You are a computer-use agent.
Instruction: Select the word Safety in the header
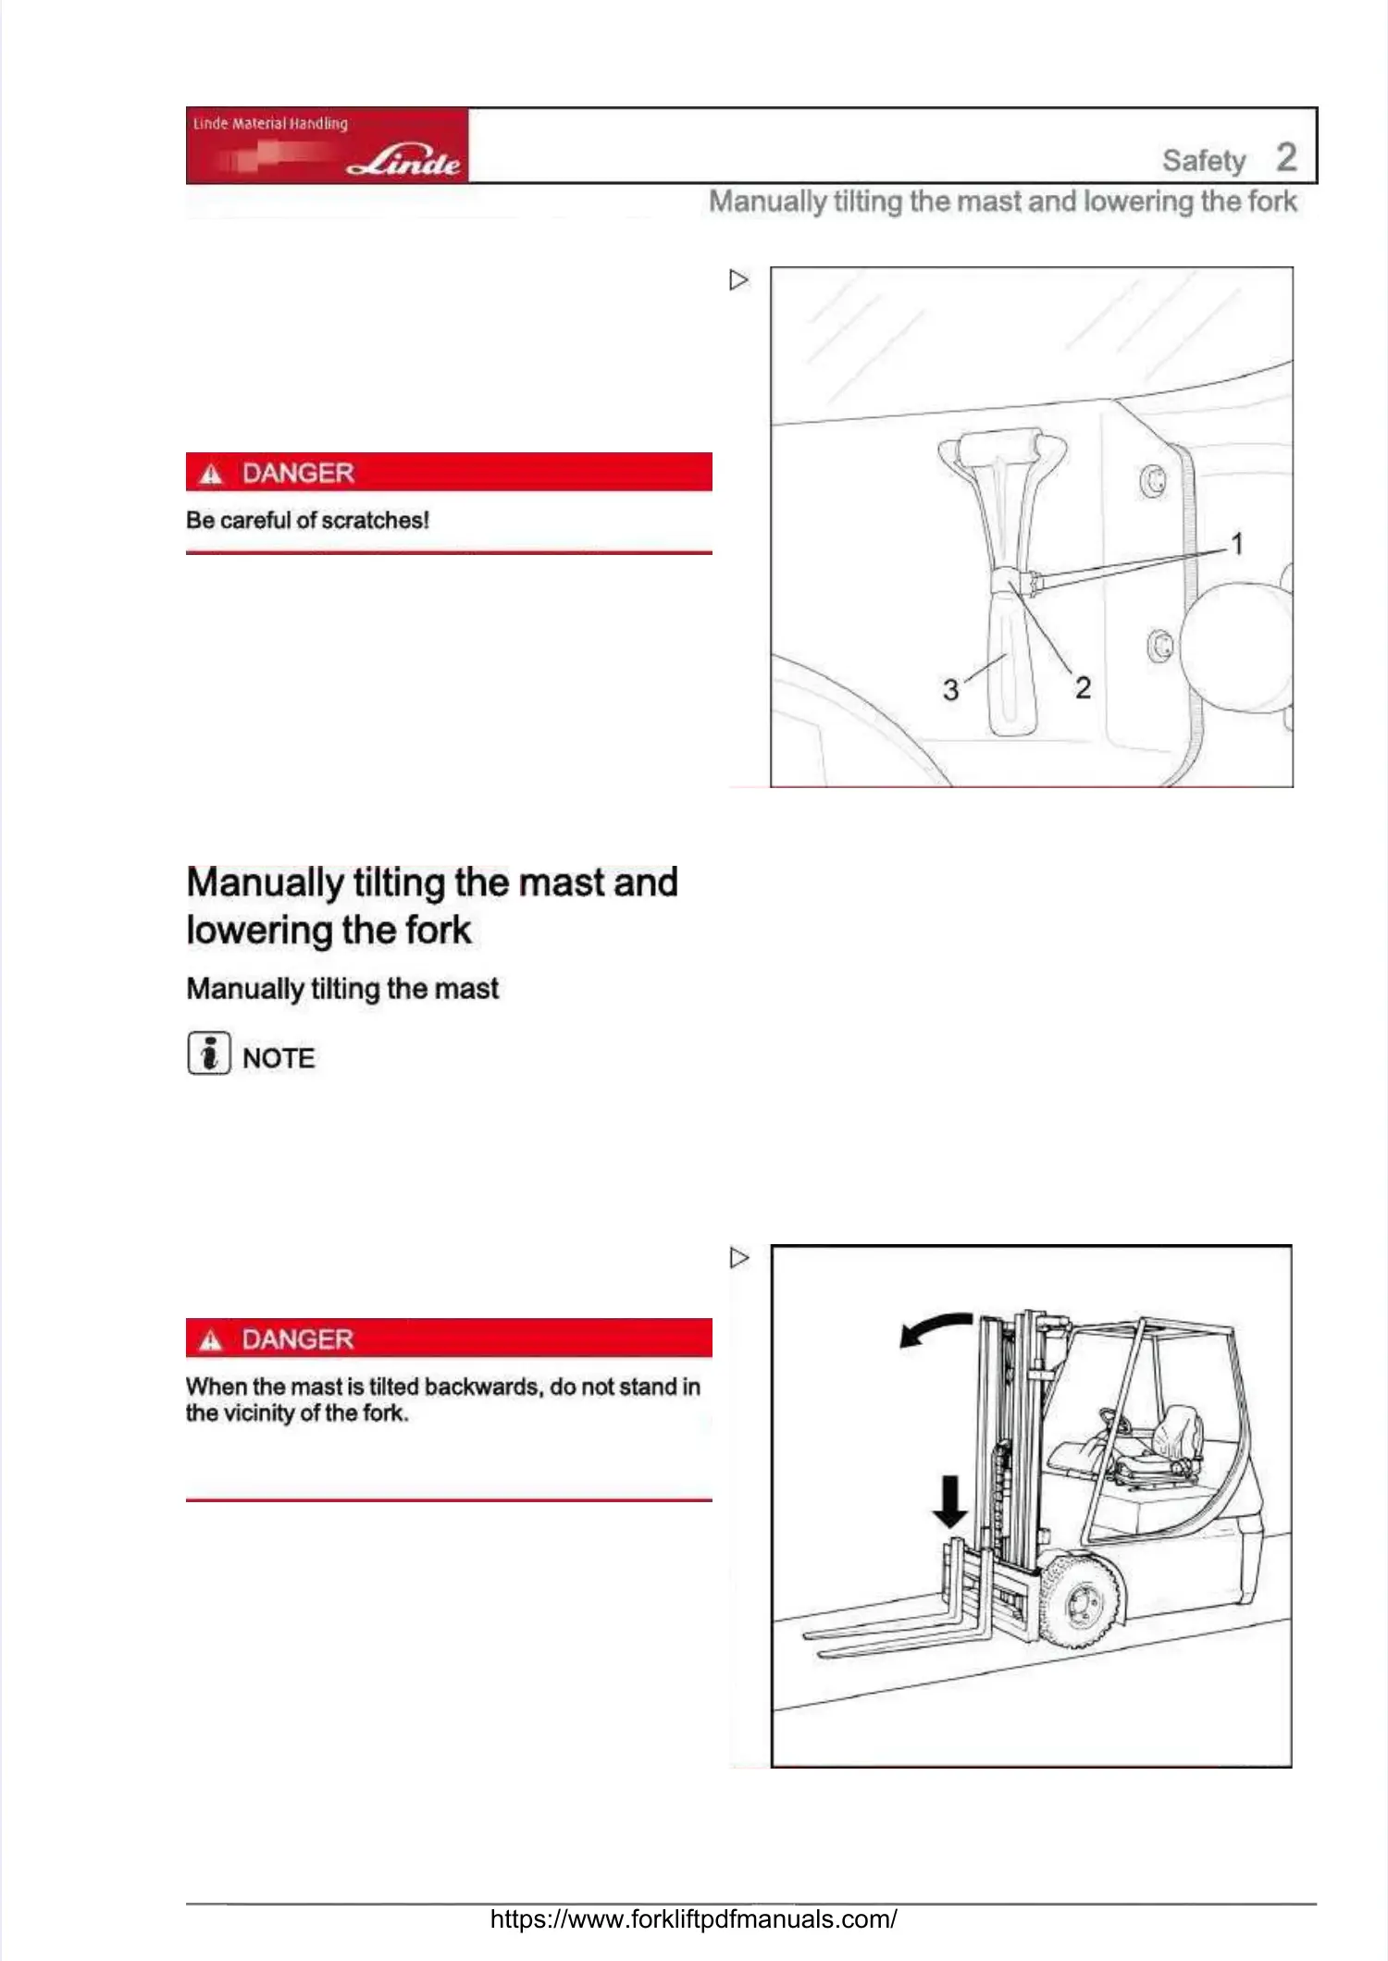[x=1204, y=161]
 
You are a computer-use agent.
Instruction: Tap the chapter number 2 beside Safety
[x=1286, y=157]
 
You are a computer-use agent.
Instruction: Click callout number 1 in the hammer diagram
[x=1237, y=544]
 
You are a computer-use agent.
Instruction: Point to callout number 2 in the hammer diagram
[x=1083, y=687]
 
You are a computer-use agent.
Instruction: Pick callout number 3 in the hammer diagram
[x=950, y=689]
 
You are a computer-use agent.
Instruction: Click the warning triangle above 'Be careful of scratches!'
[x=212, y=474]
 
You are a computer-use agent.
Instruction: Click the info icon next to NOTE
[x=208, y=1053]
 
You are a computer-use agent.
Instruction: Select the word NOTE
[x=279, y=1058]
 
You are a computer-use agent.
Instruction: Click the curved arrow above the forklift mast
[x=935, y=1328]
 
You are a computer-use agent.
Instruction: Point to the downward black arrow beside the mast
[x=949, y=1500]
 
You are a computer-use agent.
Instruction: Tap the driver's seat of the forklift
[x=1172, y=1438]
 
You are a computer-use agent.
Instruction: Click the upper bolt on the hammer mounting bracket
[x=1152, y=481]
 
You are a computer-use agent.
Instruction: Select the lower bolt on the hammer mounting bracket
[x=1159, y=645]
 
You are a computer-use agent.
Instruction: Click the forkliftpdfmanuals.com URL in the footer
[x=693, y=1918]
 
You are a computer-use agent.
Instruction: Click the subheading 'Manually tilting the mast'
[x=342, y=989]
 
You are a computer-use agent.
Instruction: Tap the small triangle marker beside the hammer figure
[x=738, y=279]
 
